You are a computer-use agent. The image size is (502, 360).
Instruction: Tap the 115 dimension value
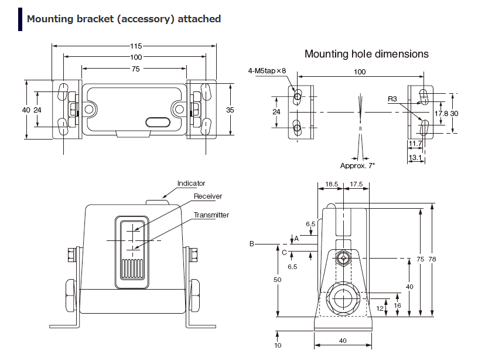coord(136,45)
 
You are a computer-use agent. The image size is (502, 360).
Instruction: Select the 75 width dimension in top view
coord(136,69)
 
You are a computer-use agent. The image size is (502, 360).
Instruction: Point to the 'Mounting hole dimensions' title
coord(366,54)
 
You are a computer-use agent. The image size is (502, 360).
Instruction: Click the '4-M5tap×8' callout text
coord(267,71)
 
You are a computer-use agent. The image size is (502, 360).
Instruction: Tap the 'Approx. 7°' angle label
coord(357,165)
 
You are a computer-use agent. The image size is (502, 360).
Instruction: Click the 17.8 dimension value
coord(441,113)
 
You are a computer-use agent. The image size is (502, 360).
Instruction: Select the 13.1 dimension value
coord(415,158)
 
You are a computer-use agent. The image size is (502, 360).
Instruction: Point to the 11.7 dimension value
coord(415,144)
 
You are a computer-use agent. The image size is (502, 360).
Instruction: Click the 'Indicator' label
coord(192,184)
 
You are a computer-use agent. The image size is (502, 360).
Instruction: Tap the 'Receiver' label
coord(208,196)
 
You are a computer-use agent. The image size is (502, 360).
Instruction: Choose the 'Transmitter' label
coord(211,215)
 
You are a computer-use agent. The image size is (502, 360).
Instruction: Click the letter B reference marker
coord(252,243)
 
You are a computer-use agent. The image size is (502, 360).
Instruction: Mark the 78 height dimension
coord(432,259)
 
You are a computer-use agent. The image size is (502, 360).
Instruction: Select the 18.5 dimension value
coord(332,184)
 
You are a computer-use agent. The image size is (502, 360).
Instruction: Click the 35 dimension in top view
coord(230,110)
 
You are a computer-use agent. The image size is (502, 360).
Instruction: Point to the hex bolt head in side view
coord(343,257)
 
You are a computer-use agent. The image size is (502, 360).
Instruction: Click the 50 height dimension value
coord(278,280)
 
